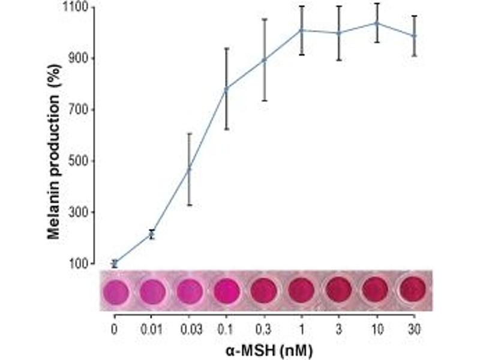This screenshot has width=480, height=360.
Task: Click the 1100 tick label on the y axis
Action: (79, 7)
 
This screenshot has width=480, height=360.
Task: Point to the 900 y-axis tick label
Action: (82, 58)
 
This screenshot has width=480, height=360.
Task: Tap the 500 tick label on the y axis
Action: (82, 161)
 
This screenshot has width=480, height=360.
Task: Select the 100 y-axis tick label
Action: (82, 263)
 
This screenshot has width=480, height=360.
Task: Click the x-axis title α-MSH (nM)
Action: (264, 348)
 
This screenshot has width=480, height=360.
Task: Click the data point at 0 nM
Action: (115, 263)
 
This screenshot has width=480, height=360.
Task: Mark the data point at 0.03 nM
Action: (189, 169)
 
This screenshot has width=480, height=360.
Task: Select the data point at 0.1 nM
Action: (226, 89)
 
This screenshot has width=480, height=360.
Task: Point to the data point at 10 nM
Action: (376, 23)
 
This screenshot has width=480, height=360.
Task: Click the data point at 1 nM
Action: (302, 30)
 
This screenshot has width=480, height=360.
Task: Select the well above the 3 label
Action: (339, 290)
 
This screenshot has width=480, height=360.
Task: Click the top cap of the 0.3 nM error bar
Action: (264, 19)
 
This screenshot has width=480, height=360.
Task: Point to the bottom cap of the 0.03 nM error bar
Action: (189, 205)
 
